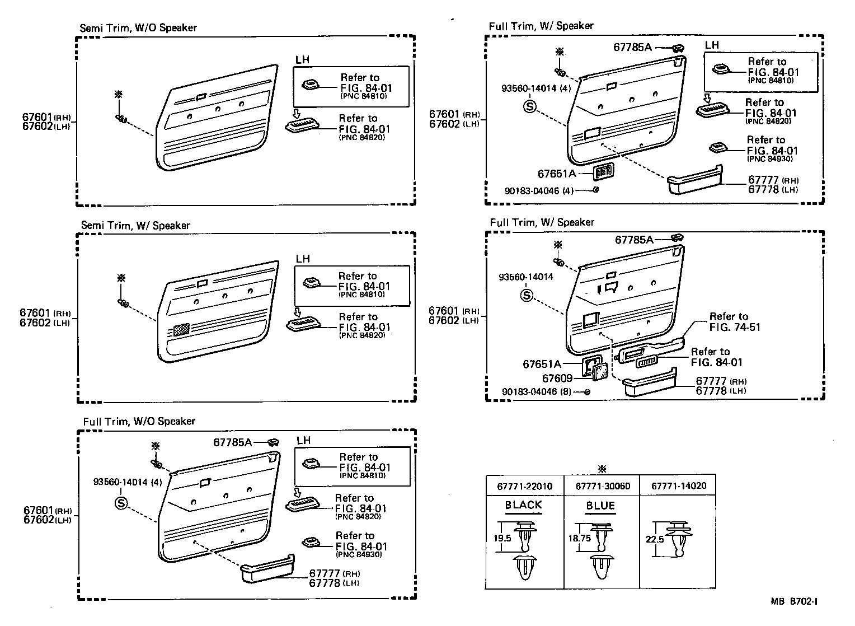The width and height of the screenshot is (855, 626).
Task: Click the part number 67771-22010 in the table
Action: pyautogui.click(x=524, y=486)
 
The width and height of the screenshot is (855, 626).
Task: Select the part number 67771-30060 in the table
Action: pyautogui.click(x=603, y=486)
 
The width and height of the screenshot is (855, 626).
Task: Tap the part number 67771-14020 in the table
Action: pyautogui.click(x=678, y=485)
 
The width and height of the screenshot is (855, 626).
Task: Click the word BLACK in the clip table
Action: pyautogui.click(x=524, y=505)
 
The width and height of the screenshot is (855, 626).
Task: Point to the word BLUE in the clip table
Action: pyautogui.click(x=600, y=506)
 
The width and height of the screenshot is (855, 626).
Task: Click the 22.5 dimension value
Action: pyautogui.click(x=650, y=539)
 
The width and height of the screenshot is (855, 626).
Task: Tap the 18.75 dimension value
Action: pyautogui.click(x=579, y=538)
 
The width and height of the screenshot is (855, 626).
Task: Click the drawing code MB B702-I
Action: pyautogui.click(x=794, y=602)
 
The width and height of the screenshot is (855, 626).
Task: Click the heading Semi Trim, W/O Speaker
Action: pyautogui.click(x=138, y=27)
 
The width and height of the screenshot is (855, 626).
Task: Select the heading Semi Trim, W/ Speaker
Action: pyautogui.click(x=135, y=225)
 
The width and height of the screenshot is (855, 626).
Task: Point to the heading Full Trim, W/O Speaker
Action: pyautogui.click(x=139, y=421)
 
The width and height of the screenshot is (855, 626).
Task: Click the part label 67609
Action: pyautogui.click(x=557, y=379)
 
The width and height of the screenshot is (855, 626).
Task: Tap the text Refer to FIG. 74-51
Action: pyautogui.click(x=734, y=322)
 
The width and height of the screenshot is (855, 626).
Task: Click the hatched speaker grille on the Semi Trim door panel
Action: pyautogui.click(x=181, y=329)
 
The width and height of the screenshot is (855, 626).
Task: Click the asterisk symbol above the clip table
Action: pyautogui.click(x=602, y=469)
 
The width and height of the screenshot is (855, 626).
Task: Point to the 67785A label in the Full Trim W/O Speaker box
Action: pyautogui.click(x=232, y=442)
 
